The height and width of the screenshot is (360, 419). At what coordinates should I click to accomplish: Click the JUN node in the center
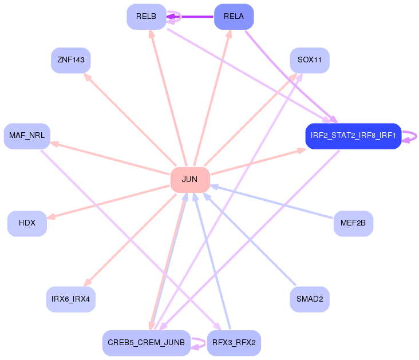click(x=189, y=180)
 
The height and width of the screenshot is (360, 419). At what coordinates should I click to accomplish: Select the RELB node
click(x=146, y=17)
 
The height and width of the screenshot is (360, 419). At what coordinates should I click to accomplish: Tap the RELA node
click(x=234, y=17)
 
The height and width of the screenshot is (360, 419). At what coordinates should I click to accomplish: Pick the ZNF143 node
click(x=71, y=60)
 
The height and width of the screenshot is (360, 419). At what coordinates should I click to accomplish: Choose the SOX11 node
click(x=310, y=60)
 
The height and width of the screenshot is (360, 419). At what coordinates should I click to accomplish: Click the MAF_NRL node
click(x=27, y=136)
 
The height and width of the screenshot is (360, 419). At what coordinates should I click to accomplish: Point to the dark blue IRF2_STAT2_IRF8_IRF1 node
click(x=353, y=136)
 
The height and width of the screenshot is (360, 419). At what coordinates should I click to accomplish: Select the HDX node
click(x=27, y=223)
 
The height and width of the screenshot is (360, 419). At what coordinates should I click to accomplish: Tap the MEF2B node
click(x=353, y=223)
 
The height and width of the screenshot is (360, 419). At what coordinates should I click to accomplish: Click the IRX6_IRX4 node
click(x=70, y=299)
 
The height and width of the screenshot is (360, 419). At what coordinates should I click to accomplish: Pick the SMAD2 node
click(x=310, y=299)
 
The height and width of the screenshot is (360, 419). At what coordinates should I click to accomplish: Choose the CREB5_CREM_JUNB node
click(x=146, y=343)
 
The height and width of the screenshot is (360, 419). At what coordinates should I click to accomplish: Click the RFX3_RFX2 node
click(x=234, y=343)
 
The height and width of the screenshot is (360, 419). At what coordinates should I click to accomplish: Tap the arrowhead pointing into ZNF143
click(x=87, y=76)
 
